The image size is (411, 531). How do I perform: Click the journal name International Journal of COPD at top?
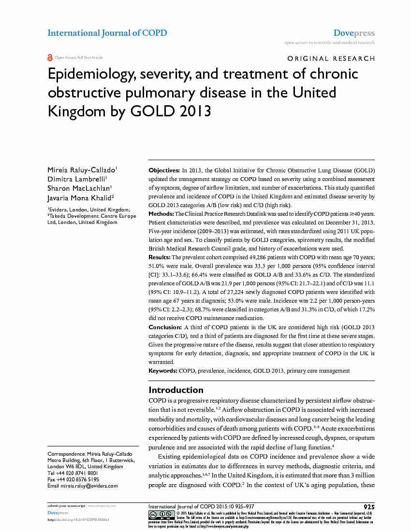[x=107, y=33]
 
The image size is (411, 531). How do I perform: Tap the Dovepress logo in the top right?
[x=354, y=33]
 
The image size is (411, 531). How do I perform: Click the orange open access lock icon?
[x=50, y=58]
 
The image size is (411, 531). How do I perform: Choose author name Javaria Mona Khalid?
[x=80, y=197]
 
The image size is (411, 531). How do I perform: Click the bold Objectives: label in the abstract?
[x=163, y=171]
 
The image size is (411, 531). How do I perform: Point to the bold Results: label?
[x=159, y=257]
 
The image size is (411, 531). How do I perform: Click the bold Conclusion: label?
[x=165, y=327]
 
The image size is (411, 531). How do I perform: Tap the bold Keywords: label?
[x=162, y=371]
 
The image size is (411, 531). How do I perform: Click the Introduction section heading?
[x=176, y=390]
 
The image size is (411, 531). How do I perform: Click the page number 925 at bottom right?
[x=368, y=506]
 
